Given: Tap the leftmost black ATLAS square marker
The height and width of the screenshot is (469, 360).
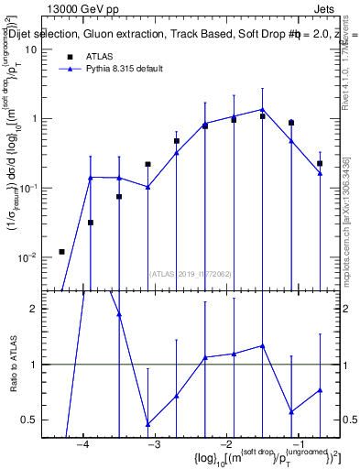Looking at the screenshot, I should tap(61, 252).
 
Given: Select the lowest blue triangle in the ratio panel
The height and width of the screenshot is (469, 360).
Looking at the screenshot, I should tap(148, 424).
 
